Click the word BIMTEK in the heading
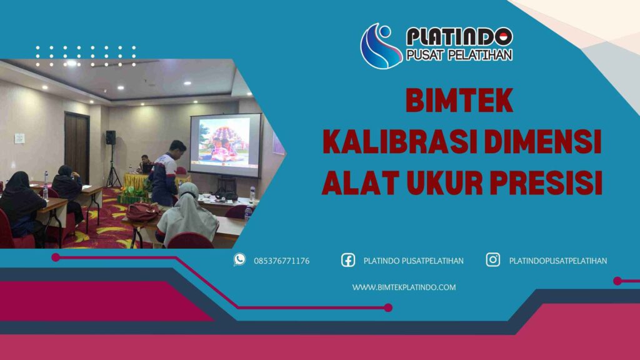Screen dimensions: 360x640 (x=459, y=100)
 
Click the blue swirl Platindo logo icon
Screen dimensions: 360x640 (x=381, y=46)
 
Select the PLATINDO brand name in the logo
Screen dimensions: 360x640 (x=459, y=36)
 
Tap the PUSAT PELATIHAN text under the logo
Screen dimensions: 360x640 (x=459, y=55)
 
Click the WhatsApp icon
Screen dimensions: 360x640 (x=239, y=260)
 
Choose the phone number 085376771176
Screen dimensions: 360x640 (x=281, y=261)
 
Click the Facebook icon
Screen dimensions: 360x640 (x=348, y=260)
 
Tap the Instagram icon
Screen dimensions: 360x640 (x=493, y=260)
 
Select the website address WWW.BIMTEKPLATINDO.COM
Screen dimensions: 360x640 (x=404, y=287)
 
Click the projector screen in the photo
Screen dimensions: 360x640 (x=225, y=145)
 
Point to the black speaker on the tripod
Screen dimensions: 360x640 (x=111, y=137)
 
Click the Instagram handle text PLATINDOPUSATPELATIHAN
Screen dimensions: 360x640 (x=557, y=261)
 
